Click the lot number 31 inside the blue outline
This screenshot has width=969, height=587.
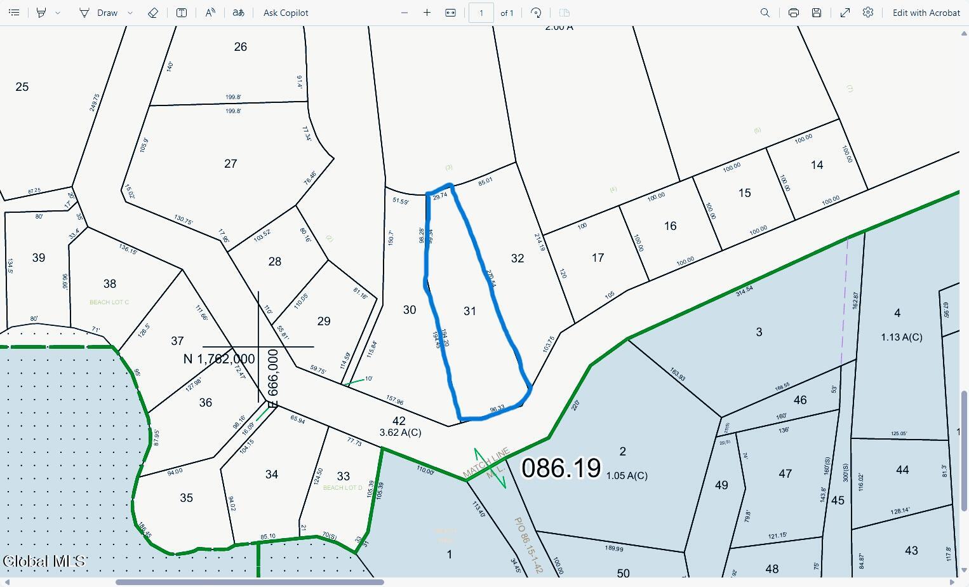470,311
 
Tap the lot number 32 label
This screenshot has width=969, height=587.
518,258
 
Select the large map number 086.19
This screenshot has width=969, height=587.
561,468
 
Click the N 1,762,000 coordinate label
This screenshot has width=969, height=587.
219,359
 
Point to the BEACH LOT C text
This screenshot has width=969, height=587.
109,302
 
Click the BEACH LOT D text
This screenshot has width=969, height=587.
343,488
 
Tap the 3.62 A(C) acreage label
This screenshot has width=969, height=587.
400,433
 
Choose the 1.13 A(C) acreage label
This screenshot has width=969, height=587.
902,337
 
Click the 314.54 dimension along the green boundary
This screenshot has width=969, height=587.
744,291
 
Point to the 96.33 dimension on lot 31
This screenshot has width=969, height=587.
497,409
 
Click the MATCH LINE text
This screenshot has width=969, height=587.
486,462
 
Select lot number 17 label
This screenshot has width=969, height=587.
598,258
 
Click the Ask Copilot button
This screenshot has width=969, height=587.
286,13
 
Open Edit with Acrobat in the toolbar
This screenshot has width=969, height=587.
926,13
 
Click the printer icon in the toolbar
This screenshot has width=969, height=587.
794,13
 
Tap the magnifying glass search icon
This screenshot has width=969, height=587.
765,13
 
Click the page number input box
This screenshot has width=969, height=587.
481,13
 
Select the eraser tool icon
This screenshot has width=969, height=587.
153,13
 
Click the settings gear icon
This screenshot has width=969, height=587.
868,13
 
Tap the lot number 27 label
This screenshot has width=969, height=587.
231,164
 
